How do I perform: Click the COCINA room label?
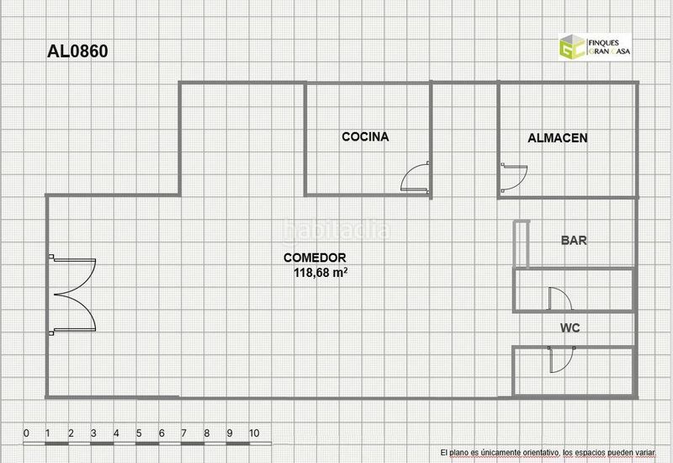click(x=365, y=136)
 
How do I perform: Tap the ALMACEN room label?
click(x=558, y=138)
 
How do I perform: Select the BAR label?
click(x=574, y=240)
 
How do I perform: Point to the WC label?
click(x=570, y=327)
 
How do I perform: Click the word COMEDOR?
click(x=315, y=258)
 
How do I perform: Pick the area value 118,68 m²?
click(x=321, y=272)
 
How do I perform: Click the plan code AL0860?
click(x=77, y=51)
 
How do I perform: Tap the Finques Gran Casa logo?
click(x=595, y=46)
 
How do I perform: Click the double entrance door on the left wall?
click(x=73, y=295)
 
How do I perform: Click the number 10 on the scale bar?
click(x=254, y=433)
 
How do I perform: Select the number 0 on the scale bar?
click(x=26, y=433)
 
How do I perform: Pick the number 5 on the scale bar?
click(x=139, y=433)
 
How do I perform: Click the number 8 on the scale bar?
click(x=207, y=433)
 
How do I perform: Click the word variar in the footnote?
click(x=646, y=453)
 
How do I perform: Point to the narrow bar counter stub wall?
click(x=522, y=244)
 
